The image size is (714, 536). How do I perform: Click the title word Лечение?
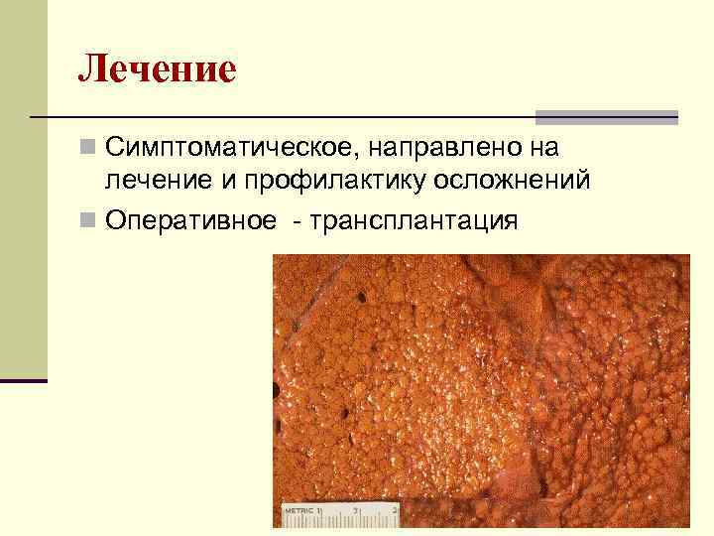158,69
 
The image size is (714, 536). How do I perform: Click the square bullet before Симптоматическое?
89,148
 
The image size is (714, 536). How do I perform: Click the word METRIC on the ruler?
298,510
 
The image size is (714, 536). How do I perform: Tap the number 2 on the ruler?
394,510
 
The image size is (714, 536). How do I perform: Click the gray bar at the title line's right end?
607,116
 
